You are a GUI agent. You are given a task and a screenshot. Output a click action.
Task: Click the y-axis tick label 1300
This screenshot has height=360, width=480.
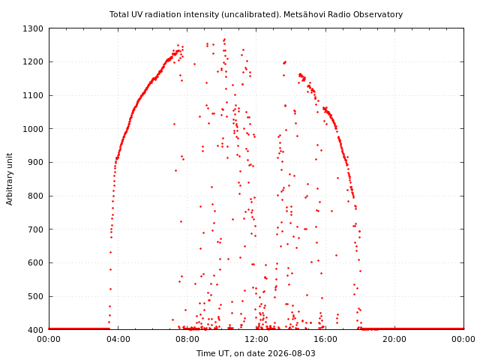coord(33,28)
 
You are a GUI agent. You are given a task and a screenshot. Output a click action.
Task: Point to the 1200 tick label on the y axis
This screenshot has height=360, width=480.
coord(33,62)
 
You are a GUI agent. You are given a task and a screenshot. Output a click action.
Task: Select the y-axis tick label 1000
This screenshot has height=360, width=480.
coord(33,129)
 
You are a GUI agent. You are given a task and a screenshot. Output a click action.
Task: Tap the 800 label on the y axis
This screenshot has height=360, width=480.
coord(35,196)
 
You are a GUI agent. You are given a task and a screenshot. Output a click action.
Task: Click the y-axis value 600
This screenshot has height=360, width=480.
coord(35,263)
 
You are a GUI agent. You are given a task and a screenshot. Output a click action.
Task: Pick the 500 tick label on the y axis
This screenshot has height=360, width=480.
coord(35,297)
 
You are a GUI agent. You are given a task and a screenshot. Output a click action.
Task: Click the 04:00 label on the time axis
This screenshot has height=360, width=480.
coord(118,340)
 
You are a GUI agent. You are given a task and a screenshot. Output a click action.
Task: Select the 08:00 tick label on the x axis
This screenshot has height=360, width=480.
coord(187,340)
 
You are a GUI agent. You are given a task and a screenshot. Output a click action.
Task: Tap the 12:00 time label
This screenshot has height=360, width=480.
coord(256,340)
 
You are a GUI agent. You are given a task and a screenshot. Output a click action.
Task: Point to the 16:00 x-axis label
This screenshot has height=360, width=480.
coord(325,340)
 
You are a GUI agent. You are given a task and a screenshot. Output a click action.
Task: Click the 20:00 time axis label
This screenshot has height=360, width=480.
coord(395,340)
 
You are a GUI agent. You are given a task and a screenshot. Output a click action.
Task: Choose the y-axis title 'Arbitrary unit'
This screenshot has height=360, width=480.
coord(10,179)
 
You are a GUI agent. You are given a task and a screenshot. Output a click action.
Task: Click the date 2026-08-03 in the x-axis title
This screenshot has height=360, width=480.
coord(292,353)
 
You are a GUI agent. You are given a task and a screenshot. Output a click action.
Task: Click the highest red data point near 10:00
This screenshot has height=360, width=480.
coord(225,40)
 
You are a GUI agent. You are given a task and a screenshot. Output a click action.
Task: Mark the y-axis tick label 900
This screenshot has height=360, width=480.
coord(35,163)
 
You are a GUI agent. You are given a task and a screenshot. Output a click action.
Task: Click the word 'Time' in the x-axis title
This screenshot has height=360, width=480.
coord(205,353)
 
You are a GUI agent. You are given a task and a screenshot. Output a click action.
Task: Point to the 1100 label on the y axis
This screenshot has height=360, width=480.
coord(33,96)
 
